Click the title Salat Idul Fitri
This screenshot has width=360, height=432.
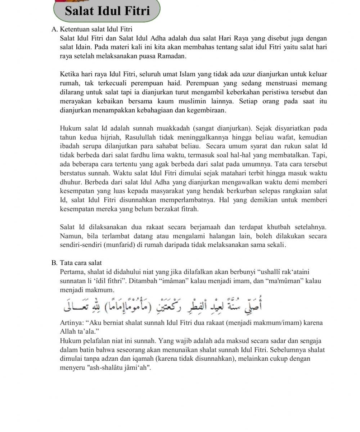(x=107, y=11)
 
